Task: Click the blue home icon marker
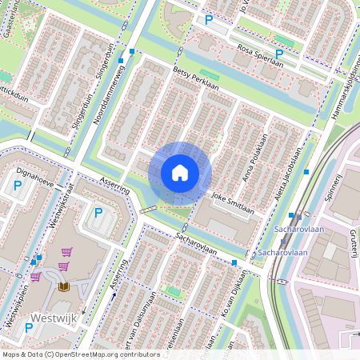pyautogui.click(x=180, y=173)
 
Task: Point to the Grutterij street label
pyautogui.click(x=352, y=243)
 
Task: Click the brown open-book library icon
pyautogui.click(x=64, y=286)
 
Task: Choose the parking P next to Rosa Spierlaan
pyautogui.click(x=209, y=20)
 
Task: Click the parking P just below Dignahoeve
pyautogui.click(x=18, y=186)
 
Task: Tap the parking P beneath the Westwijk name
pyautogui.click(x=29, y=328)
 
